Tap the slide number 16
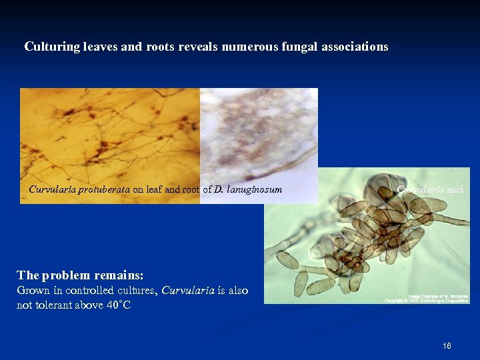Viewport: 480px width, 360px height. (x=447, y=346)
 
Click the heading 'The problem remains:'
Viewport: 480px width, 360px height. (x=81, y=275)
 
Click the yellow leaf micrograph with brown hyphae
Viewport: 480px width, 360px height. (x=110, y=133)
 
